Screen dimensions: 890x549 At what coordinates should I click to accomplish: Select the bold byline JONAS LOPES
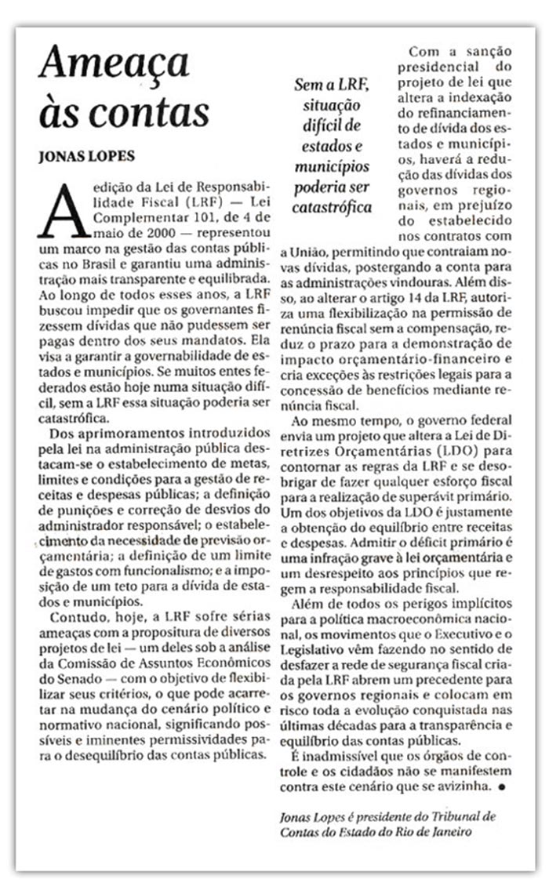87,155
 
